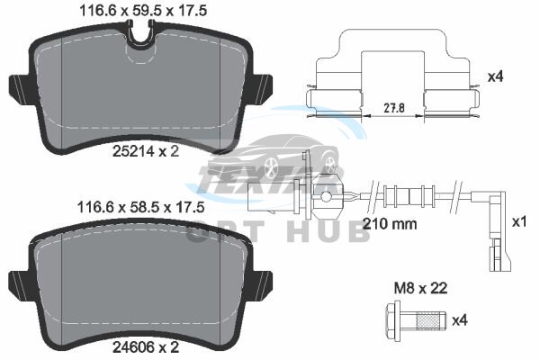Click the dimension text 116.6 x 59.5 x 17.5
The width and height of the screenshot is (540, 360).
pyautogui.click(x=143, y=11)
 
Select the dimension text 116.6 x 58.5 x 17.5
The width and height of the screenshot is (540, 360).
pyautogui.click(x=141, y=207)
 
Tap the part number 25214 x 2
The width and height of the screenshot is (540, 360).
pyautogui.click(x=146, y=151)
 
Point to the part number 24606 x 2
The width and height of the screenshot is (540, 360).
pyautogui.click(x=146, y=347)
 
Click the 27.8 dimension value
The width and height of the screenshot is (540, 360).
pyautogui.click(x=394, y=108)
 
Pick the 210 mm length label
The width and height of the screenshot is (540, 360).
pyautogui.click(x=391, y=224)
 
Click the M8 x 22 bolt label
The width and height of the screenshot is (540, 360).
pyautogui.click(x=420, y=288)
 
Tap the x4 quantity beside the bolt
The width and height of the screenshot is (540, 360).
pyautogui.click(x=460, y=320)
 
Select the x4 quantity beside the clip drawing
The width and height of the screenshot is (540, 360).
pyautogui.click(x=496, y=76)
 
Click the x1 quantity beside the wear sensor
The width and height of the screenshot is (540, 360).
pyautogui.click(x=519, y=222)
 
